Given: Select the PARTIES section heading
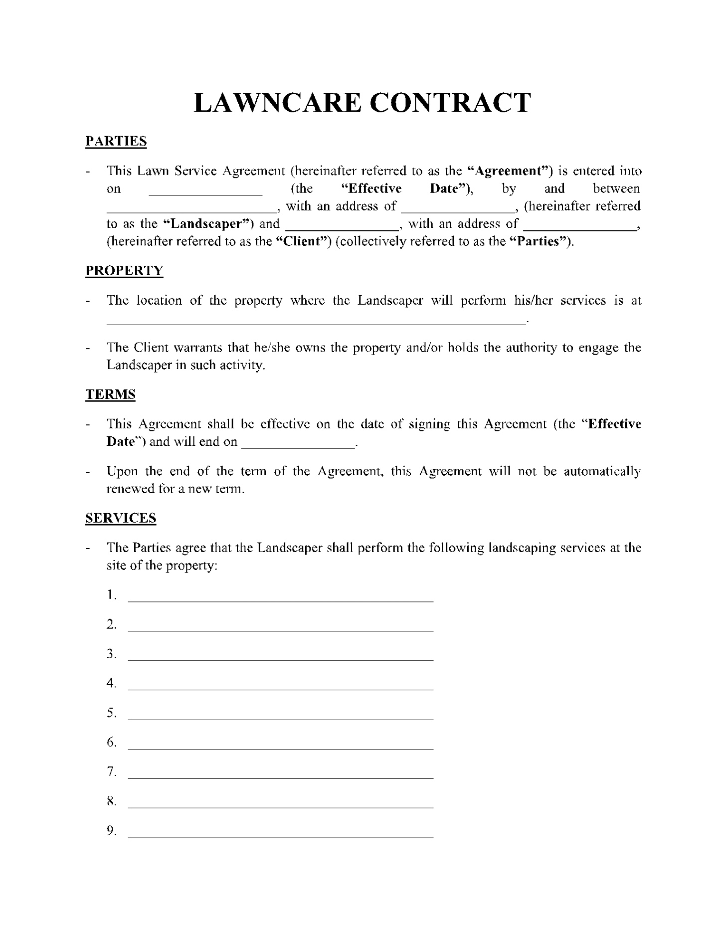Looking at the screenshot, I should tap(116, 142).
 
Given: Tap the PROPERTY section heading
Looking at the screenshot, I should tap(124, 271).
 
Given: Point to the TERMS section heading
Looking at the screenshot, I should tap(110, 394).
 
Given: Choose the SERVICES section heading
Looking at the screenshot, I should tap(121, 518).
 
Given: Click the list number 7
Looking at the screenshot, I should tap(111, 772).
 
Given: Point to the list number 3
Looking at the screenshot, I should tap(111, 654).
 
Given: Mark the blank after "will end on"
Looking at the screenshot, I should tap(298, 443).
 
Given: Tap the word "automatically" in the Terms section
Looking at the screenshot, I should tap(602, 471).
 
